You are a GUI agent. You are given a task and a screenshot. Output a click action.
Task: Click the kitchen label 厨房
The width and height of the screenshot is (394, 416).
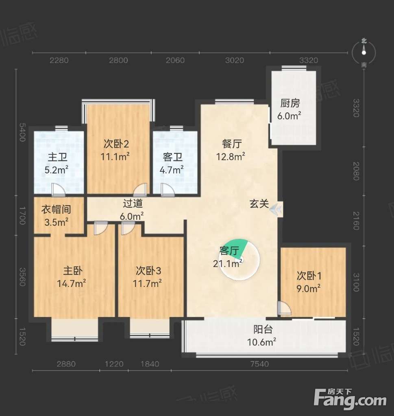tap(290, 103)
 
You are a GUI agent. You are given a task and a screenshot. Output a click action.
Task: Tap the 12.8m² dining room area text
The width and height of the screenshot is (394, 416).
tap(231, 157)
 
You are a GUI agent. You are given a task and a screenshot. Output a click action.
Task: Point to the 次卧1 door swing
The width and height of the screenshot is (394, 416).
tap(284, 308)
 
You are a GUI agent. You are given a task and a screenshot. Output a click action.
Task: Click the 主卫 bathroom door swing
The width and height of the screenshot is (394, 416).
tap(58, 190)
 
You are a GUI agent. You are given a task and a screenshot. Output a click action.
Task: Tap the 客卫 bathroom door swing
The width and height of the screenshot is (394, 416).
tap(168, 190)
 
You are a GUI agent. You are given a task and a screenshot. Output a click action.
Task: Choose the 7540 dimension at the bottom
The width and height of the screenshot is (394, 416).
tap(259, 364)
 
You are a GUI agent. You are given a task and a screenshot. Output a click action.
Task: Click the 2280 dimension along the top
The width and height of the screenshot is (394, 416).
tap(59, 60)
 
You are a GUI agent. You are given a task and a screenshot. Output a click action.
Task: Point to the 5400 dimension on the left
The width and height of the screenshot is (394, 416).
tap(22, 132)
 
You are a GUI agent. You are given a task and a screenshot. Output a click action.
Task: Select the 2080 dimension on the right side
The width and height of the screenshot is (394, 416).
tap(356, 171)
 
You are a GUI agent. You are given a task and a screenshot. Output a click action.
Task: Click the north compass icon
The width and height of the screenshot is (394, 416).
tap(364, 53)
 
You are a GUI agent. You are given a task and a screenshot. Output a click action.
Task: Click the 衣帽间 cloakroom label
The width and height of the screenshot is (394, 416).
tap(56, 209)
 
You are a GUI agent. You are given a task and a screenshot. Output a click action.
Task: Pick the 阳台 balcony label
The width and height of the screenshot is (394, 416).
tap(263, 330)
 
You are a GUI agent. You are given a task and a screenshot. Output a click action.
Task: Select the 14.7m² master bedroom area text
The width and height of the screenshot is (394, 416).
tap(71, 283)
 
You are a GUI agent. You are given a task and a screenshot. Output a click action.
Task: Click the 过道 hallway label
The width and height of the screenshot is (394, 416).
tap(133, 203)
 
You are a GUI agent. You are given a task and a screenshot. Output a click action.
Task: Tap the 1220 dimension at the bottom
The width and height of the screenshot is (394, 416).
tap(114, 364)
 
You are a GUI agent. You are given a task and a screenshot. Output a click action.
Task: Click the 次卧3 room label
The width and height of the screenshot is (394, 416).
tap(148, 271)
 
